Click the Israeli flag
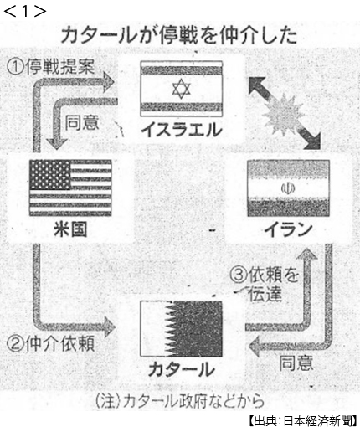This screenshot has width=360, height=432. tap(182, 89)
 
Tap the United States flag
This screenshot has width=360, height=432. tap(70, 188)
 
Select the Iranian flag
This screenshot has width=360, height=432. tap(288, 188)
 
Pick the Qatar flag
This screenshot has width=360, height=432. tap(181, 328)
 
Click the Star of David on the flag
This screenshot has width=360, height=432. tap(182, 89)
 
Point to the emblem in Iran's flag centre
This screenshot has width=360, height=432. tap(288, 188)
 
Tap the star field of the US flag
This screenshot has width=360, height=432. tap(50, 174)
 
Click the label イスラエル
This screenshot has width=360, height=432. tap(182, 130)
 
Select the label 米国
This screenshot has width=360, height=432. tap(70, 229)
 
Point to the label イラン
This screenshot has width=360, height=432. tap(288, 230)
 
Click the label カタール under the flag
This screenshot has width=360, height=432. tap(182, 369)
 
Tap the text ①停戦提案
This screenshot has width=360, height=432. tap(50, 67)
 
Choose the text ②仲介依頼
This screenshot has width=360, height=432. tap(50, 344)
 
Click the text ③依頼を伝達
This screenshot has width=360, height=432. tap(264, 285)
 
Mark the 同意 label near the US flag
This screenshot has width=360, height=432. tap(82, 122)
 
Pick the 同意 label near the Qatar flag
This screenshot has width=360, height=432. tap(296, 363)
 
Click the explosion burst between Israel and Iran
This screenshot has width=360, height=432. tap(284, 113)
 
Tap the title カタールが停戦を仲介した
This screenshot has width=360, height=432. tap(179, 35)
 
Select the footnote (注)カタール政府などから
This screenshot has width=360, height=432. tap(179, 401)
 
